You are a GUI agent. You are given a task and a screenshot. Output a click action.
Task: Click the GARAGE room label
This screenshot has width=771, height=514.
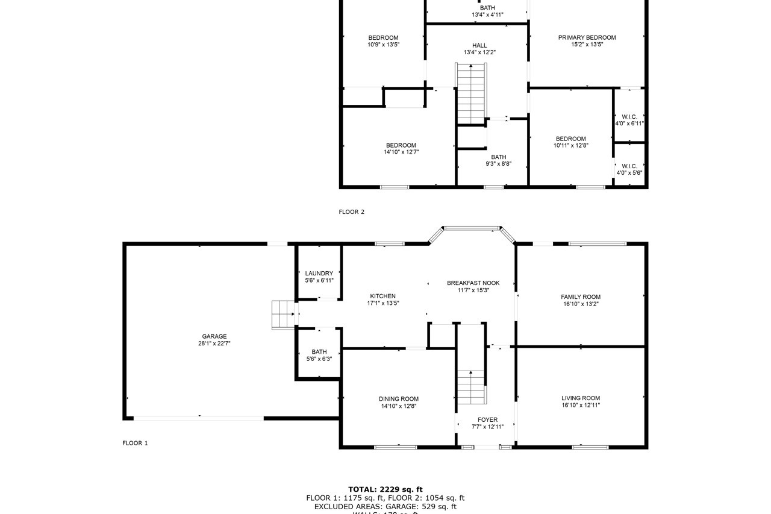(x=214, y=336)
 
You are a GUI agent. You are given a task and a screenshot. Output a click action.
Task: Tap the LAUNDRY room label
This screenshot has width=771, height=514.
(x=319, y=274)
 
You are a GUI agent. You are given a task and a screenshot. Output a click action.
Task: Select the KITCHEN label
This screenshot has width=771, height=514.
(x=382, y=296)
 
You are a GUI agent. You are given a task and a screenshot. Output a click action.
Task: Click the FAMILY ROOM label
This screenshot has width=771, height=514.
(x=581, y=297)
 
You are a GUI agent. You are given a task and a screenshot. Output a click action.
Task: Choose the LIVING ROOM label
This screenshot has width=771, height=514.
(x=581, y=398)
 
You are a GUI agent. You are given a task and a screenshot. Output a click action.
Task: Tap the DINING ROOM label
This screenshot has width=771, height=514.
(x=398, y=399)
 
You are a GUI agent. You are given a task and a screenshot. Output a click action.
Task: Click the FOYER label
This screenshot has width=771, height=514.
(x=487, y=420)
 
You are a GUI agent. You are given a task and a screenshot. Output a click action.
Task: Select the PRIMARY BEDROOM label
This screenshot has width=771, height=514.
(x=587, y=37)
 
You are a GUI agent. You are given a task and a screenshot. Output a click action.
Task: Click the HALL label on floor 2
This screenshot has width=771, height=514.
(x=479, y=45)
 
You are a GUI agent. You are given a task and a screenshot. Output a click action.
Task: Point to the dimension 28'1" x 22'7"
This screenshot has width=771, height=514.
(x=214, y=343)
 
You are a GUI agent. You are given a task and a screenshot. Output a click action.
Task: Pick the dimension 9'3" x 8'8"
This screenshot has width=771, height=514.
(x=498, y=164)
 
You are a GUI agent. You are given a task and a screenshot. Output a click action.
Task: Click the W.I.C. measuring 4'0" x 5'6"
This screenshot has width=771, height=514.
(x=629, y=166)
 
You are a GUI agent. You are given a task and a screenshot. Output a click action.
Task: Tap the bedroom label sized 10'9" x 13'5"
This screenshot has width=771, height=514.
(x=383, y=38)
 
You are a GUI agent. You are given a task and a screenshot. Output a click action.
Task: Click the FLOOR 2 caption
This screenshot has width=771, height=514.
(x=352, y=212)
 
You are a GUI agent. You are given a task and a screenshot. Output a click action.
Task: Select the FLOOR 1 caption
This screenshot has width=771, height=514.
(x=135, y=443)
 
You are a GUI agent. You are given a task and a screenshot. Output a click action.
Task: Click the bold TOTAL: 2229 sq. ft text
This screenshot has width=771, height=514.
(x=385, y=489)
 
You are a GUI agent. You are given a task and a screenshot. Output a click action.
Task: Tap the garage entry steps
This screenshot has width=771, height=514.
(x=283, y=315)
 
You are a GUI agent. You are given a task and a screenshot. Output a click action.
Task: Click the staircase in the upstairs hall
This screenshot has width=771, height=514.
(x=471, y=93)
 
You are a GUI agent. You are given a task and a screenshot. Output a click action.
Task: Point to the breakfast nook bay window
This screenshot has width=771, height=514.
(x=472, y=228)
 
